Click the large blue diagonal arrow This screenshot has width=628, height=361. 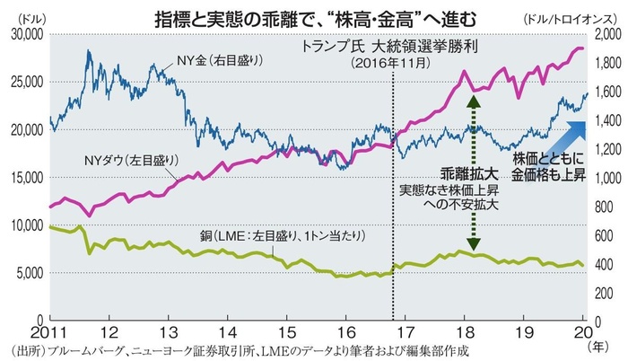point(562,136)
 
